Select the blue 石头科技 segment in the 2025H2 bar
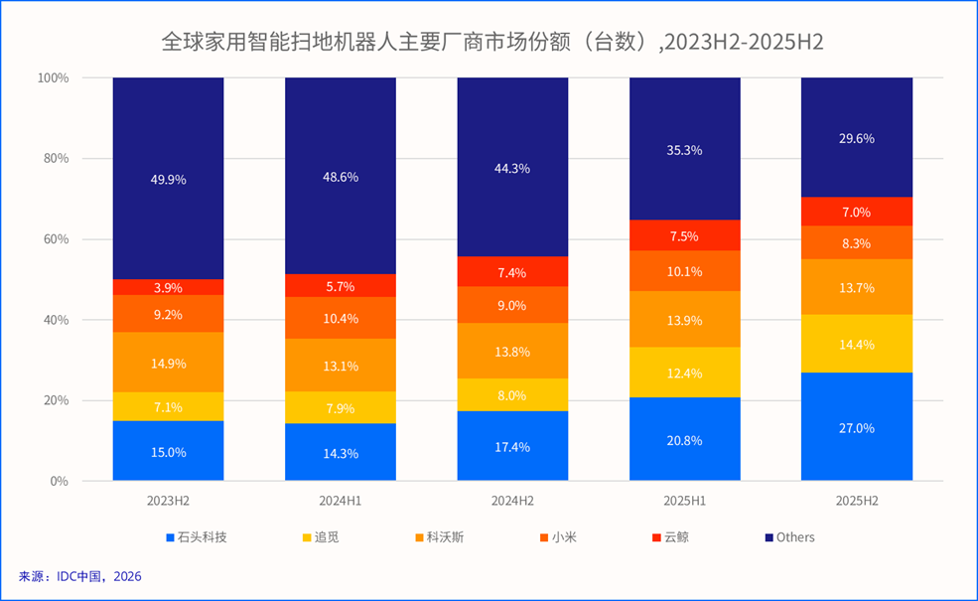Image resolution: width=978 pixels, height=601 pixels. coord(857,427)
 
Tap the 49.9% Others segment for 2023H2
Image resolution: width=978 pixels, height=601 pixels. coord(168,179)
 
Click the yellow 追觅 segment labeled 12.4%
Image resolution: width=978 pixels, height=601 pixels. coord(685,373)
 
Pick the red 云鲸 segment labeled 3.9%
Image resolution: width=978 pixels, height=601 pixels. coord(168,287)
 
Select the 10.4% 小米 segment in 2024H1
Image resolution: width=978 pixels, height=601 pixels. coord(341,318)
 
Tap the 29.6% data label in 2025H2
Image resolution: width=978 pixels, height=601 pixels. coord(857,139)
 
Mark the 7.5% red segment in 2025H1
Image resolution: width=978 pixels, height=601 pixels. coord(685,235)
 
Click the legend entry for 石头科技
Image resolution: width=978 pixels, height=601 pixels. coord(196,537)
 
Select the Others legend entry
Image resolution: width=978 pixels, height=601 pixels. coord(789,537)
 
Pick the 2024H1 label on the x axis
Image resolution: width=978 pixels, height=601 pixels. coord(341,501)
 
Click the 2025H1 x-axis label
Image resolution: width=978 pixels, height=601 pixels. coord(685,501)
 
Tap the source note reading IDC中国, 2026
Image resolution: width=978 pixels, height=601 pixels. coord(80,575)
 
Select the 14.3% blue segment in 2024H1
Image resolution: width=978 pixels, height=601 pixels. coord(341,452)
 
